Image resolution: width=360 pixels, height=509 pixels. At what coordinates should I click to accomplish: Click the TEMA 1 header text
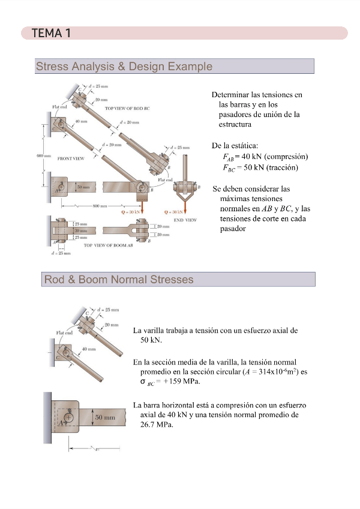pos(51,33)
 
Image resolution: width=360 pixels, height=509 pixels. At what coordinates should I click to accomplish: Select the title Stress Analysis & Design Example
pos(124,66)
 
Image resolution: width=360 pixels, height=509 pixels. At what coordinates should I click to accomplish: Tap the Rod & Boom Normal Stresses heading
pos(118,280)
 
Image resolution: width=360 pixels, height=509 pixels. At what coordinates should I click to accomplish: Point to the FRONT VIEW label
pos(71,159)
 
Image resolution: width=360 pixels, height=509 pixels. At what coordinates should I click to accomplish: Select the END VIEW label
pos(185,220)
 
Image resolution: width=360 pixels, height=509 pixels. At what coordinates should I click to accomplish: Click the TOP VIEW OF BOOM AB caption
pos(107,245)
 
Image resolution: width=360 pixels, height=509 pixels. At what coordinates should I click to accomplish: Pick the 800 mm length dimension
pos(99,206)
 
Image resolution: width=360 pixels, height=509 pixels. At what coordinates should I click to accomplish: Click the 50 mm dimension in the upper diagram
pos(83,187)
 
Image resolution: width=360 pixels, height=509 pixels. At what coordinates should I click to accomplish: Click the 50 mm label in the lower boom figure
pos(105,417)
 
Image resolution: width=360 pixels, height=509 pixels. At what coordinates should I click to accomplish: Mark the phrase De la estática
pos(235,146)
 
